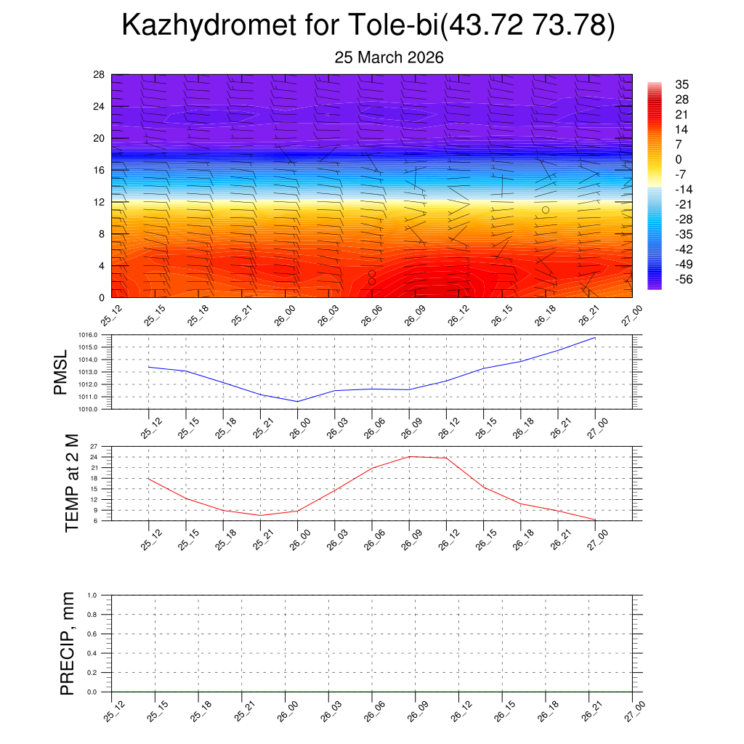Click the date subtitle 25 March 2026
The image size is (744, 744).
(389, 57)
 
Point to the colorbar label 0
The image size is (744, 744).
(678, 159)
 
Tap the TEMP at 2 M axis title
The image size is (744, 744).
(71, 483)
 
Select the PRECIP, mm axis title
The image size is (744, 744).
(67, 644)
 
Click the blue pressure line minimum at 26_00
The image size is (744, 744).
(297, 401)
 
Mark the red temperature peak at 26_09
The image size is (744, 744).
(409, 456)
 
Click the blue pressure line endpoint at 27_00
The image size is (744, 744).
(595, 338)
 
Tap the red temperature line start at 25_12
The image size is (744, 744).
(148, 478)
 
